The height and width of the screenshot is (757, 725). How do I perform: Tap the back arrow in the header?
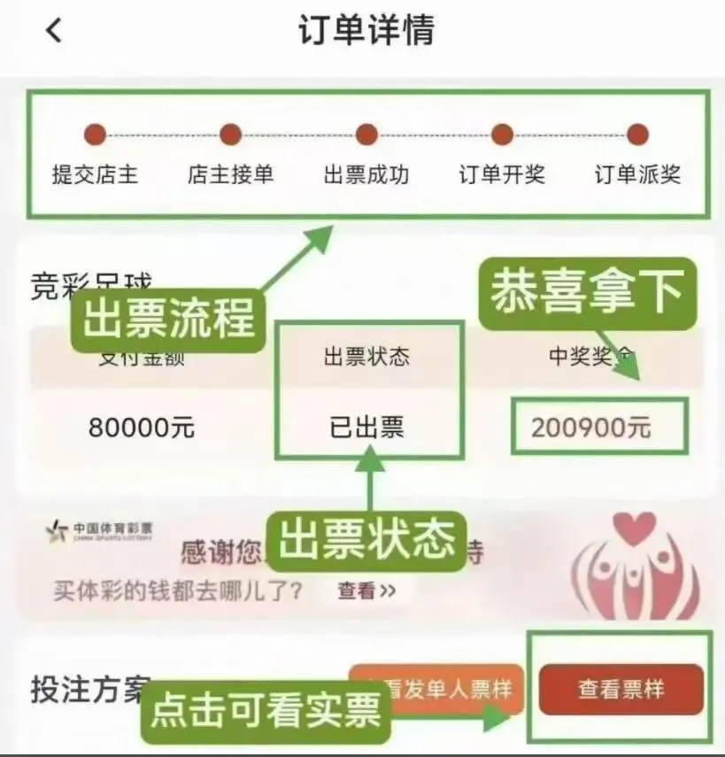[x=54, y=31]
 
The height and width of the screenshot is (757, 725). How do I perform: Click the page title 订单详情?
[x=366, y=29]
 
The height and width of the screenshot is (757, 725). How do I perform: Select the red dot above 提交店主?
[x=95, y=135]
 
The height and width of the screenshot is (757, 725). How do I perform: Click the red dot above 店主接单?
[x=230, y=135]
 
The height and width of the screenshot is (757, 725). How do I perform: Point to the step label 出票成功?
[x=366, y=174]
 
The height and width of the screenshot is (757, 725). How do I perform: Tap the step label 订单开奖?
[x=501, y=174]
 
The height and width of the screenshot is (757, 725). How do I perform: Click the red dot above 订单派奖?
[x=637, y=135]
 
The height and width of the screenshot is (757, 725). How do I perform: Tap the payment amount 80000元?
[x=141, y=428]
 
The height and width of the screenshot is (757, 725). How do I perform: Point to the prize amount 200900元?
[x=591, y=428]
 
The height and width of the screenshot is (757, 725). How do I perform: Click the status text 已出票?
[x=366, y=428]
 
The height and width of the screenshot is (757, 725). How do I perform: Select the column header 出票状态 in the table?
[x=366, y=357]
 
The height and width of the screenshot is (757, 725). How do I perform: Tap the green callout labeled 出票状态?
[x=366, y=539]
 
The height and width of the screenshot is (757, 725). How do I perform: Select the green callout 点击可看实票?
[x=266, y=710]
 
